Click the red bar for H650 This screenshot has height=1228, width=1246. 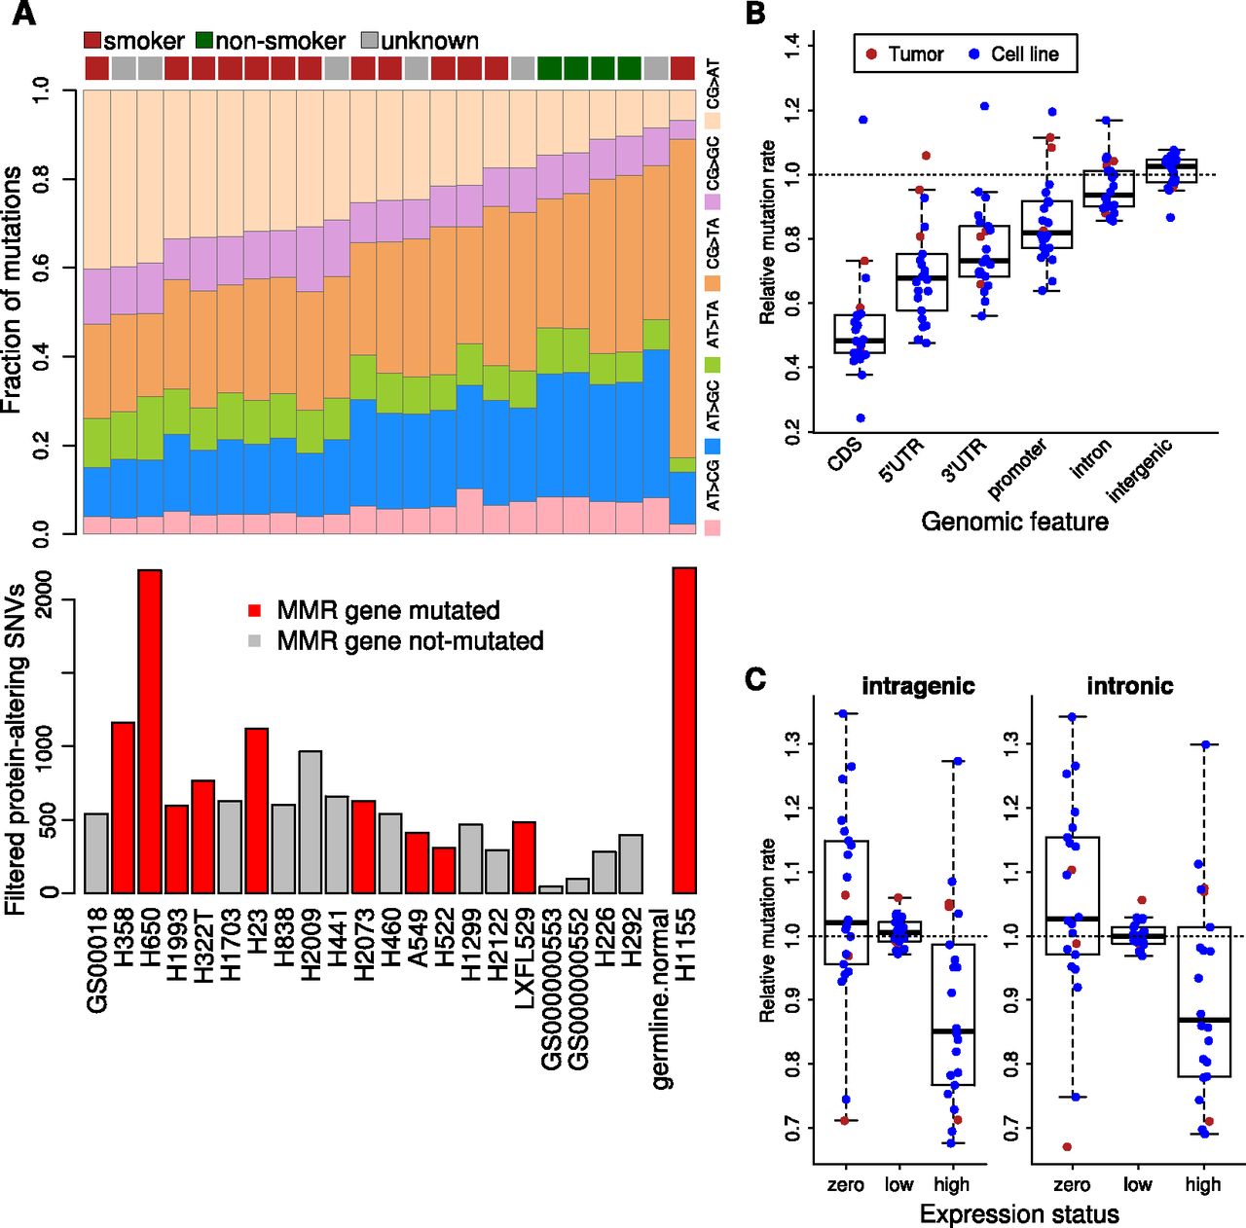pos(149,731)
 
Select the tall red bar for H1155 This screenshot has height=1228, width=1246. pos(684,730)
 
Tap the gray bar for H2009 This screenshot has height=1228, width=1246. pos(310,821)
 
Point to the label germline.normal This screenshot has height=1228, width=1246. pos(662,998)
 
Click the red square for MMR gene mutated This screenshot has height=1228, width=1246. pos(255,611)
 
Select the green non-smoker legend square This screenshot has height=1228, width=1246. pos(204,41)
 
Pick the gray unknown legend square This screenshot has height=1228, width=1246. pos(370,41)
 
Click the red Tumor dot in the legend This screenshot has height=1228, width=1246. pos(871,54)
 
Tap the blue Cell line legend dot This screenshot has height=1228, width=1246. pos(974,54)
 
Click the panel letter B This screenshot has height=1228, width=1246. pos(755,14)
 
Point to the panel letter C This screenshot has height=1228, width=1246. pos(755,678)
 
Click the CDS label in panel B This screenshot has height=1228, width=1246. pos(844,456)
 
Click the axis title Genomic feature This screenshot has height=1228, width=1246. pos(1014,522)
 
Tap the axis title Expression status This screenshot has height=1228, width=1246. pos(1019,1213)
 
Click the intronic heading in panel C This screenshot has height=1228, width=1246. pos(1129,686)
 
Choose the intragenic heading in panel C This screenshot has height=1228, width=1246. pos(918,686)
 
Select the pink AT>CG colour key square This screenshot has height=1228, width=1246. pos(713,527)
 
